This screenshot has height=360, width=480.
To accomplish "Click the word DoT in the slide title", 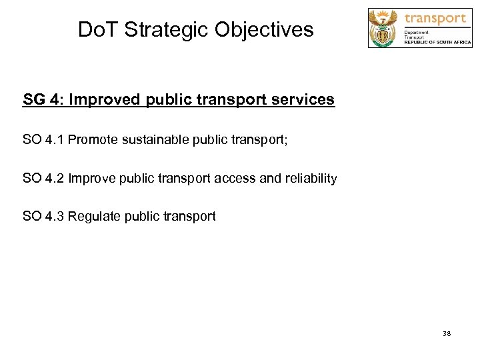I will [98, 29].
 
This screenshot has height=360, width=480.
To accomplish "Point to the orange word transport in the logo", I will [435, 18].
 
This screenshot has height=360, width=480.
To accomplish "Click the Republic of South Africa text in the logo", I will [437, 42].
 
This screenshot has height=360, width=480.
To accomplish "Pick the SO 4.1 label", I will [43, 139].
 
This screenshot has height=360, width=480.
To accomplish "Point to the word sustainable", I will [155, 139].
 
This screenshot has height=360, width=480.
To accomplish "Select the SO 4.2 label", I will [43, 178].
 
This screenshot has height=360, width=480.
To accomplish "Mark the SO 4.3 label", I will [43, 217].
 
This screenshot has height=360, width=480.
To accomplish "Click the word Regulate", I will [94, 217].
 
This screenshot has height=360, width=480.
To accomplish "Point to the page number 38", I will [446, 333].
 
